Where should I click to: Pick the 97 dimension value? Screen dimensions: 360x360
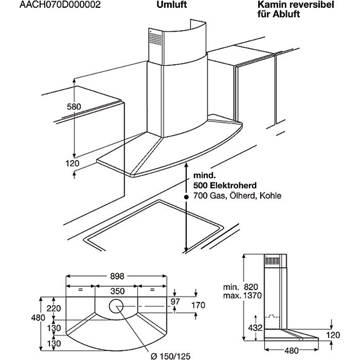point(175,300)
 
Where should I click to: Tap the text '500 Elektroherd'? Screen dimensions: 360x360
point(225,186)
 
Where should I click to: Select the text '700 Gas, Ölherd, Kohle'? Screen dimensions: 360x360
point(238,196)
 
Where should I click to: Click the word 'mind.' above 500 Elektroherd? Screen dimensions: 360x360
point(204,176)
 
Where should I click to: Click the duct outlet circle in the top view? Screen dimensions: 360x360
point(116,307)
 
